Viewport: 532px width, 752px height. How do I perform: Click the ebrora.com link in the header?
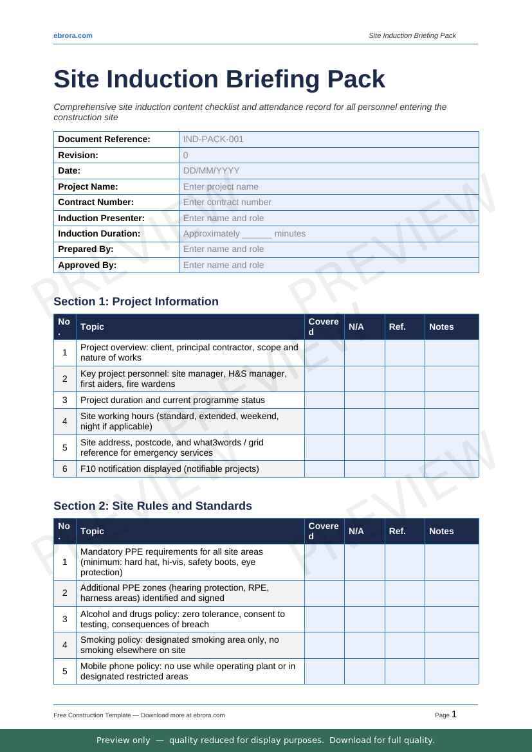click(73, 35)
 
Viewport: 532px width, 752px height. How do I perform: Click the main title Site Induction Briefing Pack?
click(219, 79)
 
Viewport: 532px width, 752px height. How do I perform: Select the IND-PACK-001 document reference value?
click(214, 139)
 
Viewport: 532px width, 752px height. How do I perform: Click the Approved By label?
click(87, 265)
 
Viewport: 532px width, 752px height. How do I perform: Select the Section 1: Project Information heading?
click(136, 301)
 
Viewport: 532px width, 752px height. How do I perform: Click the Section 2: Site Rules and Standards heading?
click(152, 506)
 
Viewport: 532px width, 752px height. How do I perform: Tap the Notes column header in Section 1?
click(441, 327)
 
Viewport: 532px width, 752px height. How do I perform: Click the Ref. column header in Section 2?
click(397, 531)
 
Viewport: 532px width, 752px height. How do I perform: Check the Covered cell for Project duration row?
click(324, 400)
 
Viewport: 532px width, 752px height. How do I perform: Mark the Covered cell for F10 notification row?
click(324, 469)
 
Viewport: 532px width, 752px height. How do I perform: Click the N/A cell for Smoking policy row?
click(364, 645)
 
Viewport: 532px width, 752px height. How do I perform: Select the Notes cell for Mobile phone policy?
click(452, 671)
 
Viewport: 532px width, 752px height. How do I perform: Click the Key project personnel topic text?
click(183, 379)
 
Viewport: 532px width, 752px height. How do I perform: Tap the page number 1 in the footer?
click(454, 714)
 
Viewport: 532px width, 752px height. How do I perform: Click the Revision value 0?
click(186, 155)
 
